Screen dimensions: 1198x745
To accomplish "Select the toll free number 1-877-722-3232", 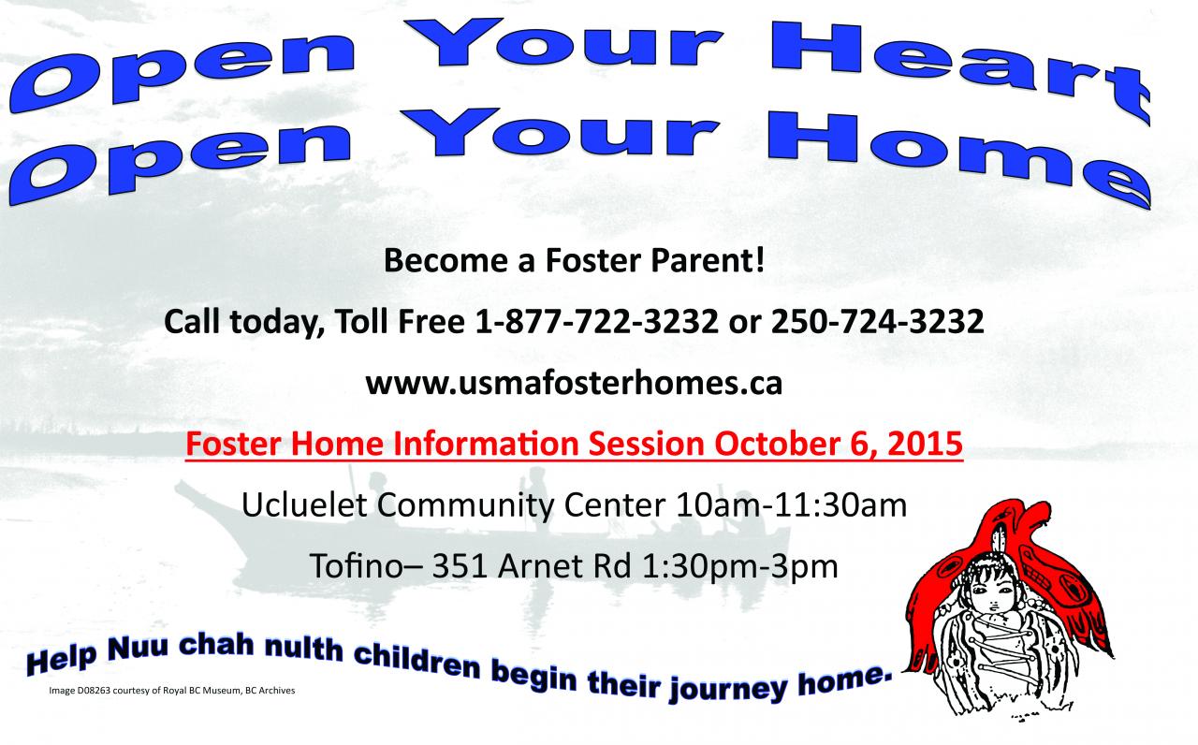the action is pyautogui.click(x=596, y=321).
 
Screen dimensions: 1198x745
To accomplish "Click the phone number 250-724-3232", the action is pyautogui.click(x=877, y=321).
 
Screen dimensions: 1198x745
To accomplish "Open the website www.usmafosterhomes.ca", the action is pyautogui.click(x=574, y=383).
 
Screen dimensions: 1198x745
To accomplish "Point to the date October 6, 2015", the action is pyautogui.click(x=839, y=445).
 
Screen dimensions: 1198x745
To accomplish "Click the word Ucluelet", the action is pyautogui.click(x=304, y=504).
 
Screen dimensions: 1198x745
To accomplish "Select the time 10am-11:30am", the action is pyautogui.click(x=792, y=504).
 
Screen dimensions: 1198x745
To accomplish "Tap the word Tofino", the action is pyautogui.click(x=356, y=566).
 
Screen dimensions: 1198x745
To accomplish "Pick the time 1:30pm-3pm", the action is pyautogui.click(x=739, y=567).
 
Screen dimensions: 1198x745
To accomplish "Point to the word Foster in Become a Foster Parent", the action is pyautogui.click(x=592, y=260).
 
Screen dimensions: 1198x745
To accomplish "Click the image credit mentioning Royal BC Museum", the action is pyautogui.click(x=171, y=691).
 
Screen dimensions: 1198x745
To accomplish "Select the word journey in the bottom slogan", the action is pyautogui.click(x=728, y=690).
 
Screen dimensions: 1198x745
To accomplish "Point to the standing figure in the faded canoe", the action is pyautogui.click(x=535, y=493).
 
